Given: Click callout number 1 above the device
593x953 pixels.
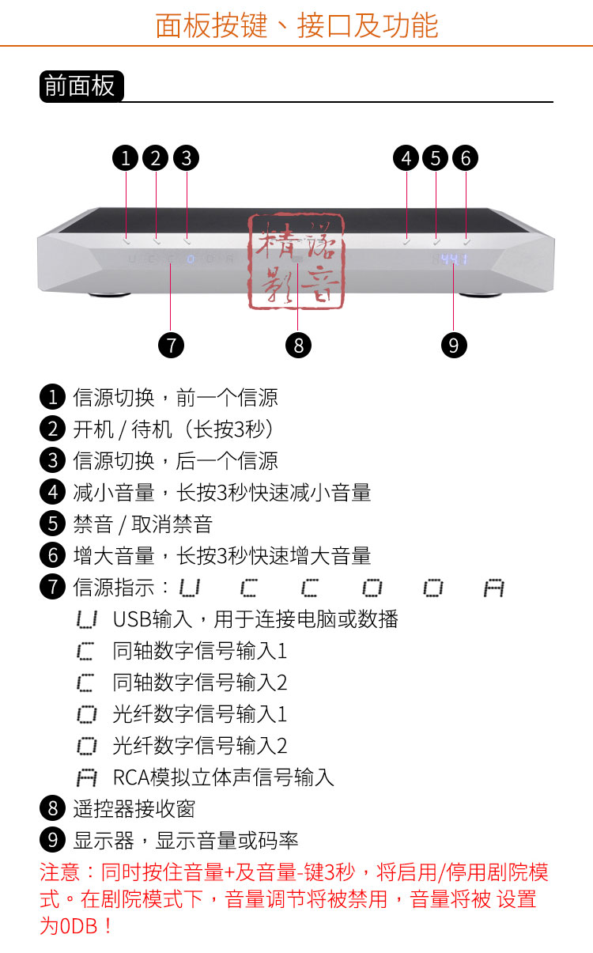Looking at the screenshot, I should (126, 158).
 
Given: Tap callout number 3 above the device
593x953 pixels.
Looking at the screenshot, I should (186, 158).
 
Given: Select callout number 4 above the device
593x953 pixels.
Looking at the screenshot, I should (406, 158).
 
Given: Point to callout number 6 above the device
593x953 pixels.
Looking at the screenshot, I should (465, 158).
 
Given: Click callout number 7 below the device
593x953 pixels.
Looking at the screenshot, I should (171, 345).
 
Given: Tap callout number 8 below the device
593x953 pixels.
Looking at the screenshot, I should (298, 345).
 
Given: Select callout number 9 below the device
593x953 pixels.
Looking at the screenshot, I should (453, 345).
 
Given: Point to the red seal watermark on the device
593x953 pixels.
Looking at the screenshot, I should (297, 260).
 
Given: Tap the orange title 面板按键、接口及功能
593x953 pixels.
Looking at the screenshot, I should (296, 25).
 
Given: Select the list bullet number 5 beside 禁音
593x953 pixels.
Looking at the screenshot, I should (52, 524).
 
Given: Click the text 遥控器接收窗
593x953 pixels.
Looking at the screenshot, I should (134, 808).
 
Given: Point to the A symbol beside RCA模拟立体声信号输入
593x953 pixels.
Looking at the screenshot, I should (86, 777).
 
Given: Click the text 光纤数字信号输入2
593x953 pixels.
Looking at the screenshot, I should (200, 745).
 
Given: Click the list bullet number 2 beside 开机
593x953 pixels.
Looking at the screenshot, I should (52, 429).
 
